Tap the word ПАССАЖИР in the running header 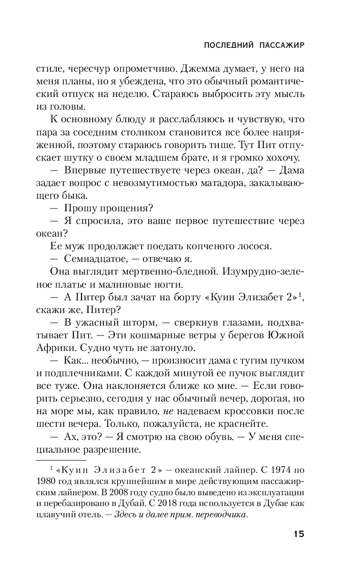[x=281, y=45]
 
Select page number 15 [x=299, y=534]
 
